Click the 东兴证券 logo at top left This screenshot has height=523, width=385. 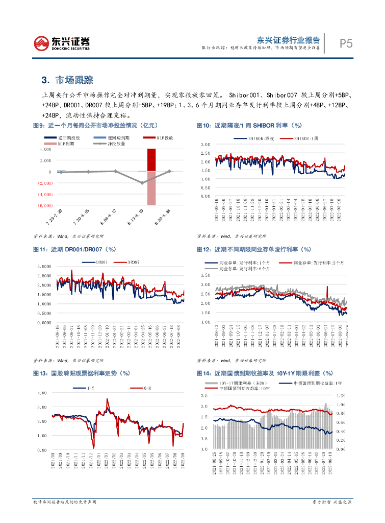61,43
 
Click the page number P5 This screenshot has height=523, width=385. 346,43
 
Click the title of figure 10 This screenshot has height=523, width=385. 249,125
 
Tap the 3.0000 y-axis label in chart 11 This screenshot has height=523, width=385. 45,266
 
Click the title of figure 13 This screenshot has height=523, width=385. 78,373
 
